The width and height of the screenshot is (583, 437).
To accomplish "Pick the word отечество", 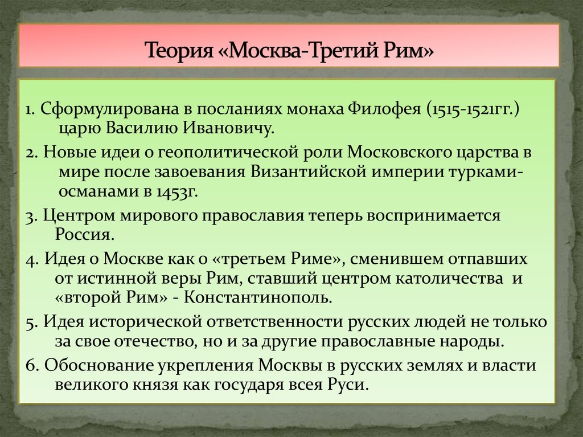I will pyautogui.click(x=154, y=342).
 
